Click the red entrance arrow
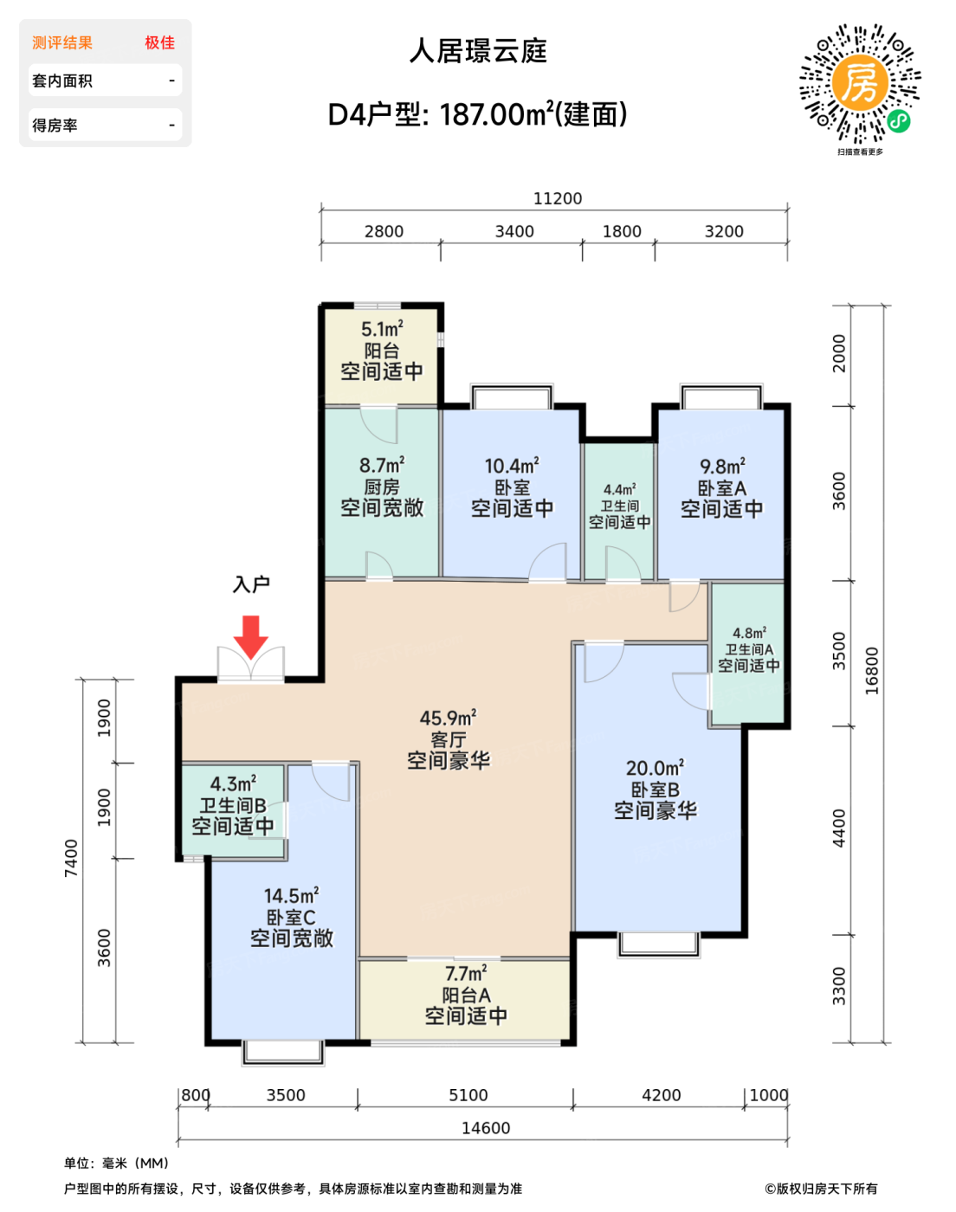pos(250,636)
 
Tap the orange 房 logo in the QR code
pos(860,83)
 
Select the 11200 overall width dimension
pos(558,198)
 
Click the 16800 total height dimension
pos(871,671)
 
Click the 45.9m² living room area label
pos(449,718)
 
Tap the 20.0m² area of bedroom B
pos(656,768)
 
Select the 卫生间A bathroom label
pos(749,649)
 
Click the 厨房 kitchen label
pos(382,487)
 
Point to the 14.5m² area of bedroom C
pos(291,895)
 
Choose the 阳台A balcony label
pos(467,996)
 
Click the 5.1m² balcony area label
pos(382,328)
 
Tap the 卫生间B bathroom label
pos(233,805)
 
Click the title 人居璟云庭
pos(478,51)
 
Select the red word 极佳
pos(160,42)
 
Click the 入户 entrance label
pos(251,584)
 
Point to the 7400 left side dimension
pos(71,858)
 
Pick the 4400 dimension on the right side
pos(839,828)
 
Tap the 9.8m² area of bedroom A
pos(722,467)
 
